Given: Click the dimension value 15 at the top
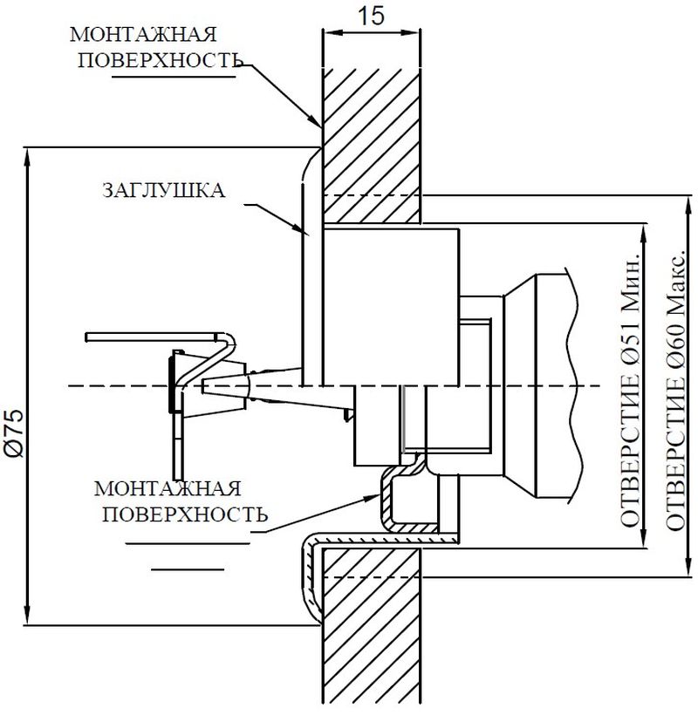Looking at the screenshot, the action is pos(371,17).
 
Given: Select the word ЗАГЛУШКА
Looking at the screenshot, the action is pos(164,190).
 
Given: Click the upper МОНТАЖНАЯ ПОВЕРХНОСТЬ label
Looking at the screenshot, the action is pos(155,47).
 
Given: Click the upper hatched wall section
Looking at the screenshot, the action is pos(372,146).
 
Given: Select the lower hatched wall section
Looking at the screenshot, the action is pos(372,630).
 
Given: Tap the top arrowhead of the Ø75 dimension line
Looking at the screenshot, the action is pos(28,158).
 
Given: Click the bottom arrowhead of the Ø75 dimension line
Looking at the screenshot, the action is pos(28,614).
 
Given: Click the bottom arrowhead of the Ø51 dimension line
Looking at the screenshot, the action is pos(644,536).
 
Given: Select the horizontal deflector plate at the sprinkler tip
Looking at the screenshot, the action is pos(152,337).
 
